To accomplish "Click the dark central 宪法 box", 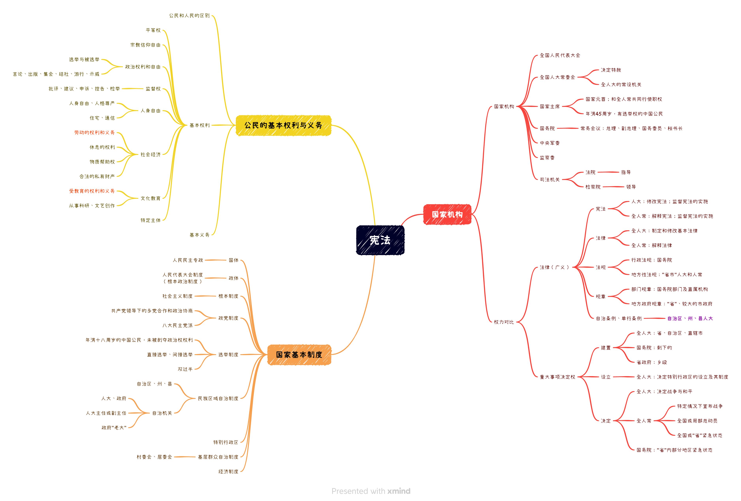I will pos(380,240).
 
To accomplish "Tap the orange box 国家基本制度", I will pos(299,355).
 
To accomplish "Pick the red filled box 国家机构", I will pos(447,214).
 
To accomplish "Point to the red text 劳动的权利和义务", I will pos(94,132).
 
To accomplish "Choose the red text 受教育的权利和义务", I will pos(92,191).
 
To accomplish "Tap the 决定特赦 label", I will pos(611,70).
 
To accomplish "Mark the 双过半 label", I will pos(185,369).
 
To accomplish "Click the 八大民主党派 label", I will pos(178,326).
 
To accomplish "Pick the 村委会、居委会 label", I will pos(154,457).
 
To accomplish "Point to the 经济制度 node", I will pos(228,472).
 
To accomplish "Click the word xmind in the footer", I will pos(399,491).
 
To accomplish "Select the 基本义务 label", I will pos(200,235).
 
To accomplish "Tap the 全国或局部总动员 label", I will pos(697,421).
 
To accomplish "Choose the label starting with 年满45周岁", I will pos(624,114).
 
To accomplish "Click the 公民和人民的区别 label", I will pos(189,16).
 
